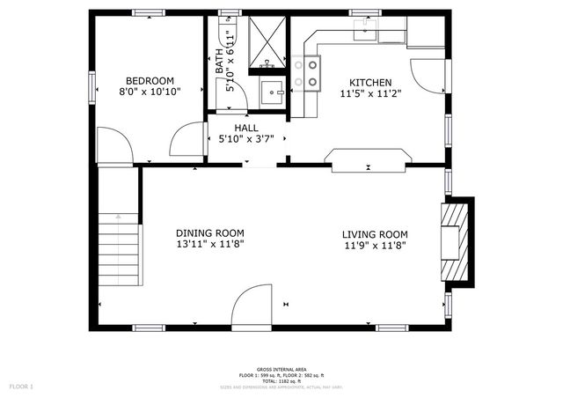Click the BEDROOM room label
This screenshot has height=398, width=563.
click(150, 80)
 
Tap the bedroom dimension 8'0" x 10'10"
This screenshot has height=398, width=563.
click(150, 92)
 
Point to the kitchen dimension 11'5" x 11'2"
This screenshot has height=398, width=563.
click(370, 92)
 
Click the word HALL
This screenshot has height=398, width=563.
click(246, 128)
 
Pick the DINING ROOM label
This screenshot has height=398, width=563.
click(209, 233)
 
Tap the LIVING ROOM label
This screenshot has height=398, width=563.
click(375, 234)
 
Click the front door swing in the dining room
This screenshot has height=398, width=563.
click(252, 306)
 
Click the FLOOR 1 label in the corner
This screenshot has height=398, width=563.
click(21, 387)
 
